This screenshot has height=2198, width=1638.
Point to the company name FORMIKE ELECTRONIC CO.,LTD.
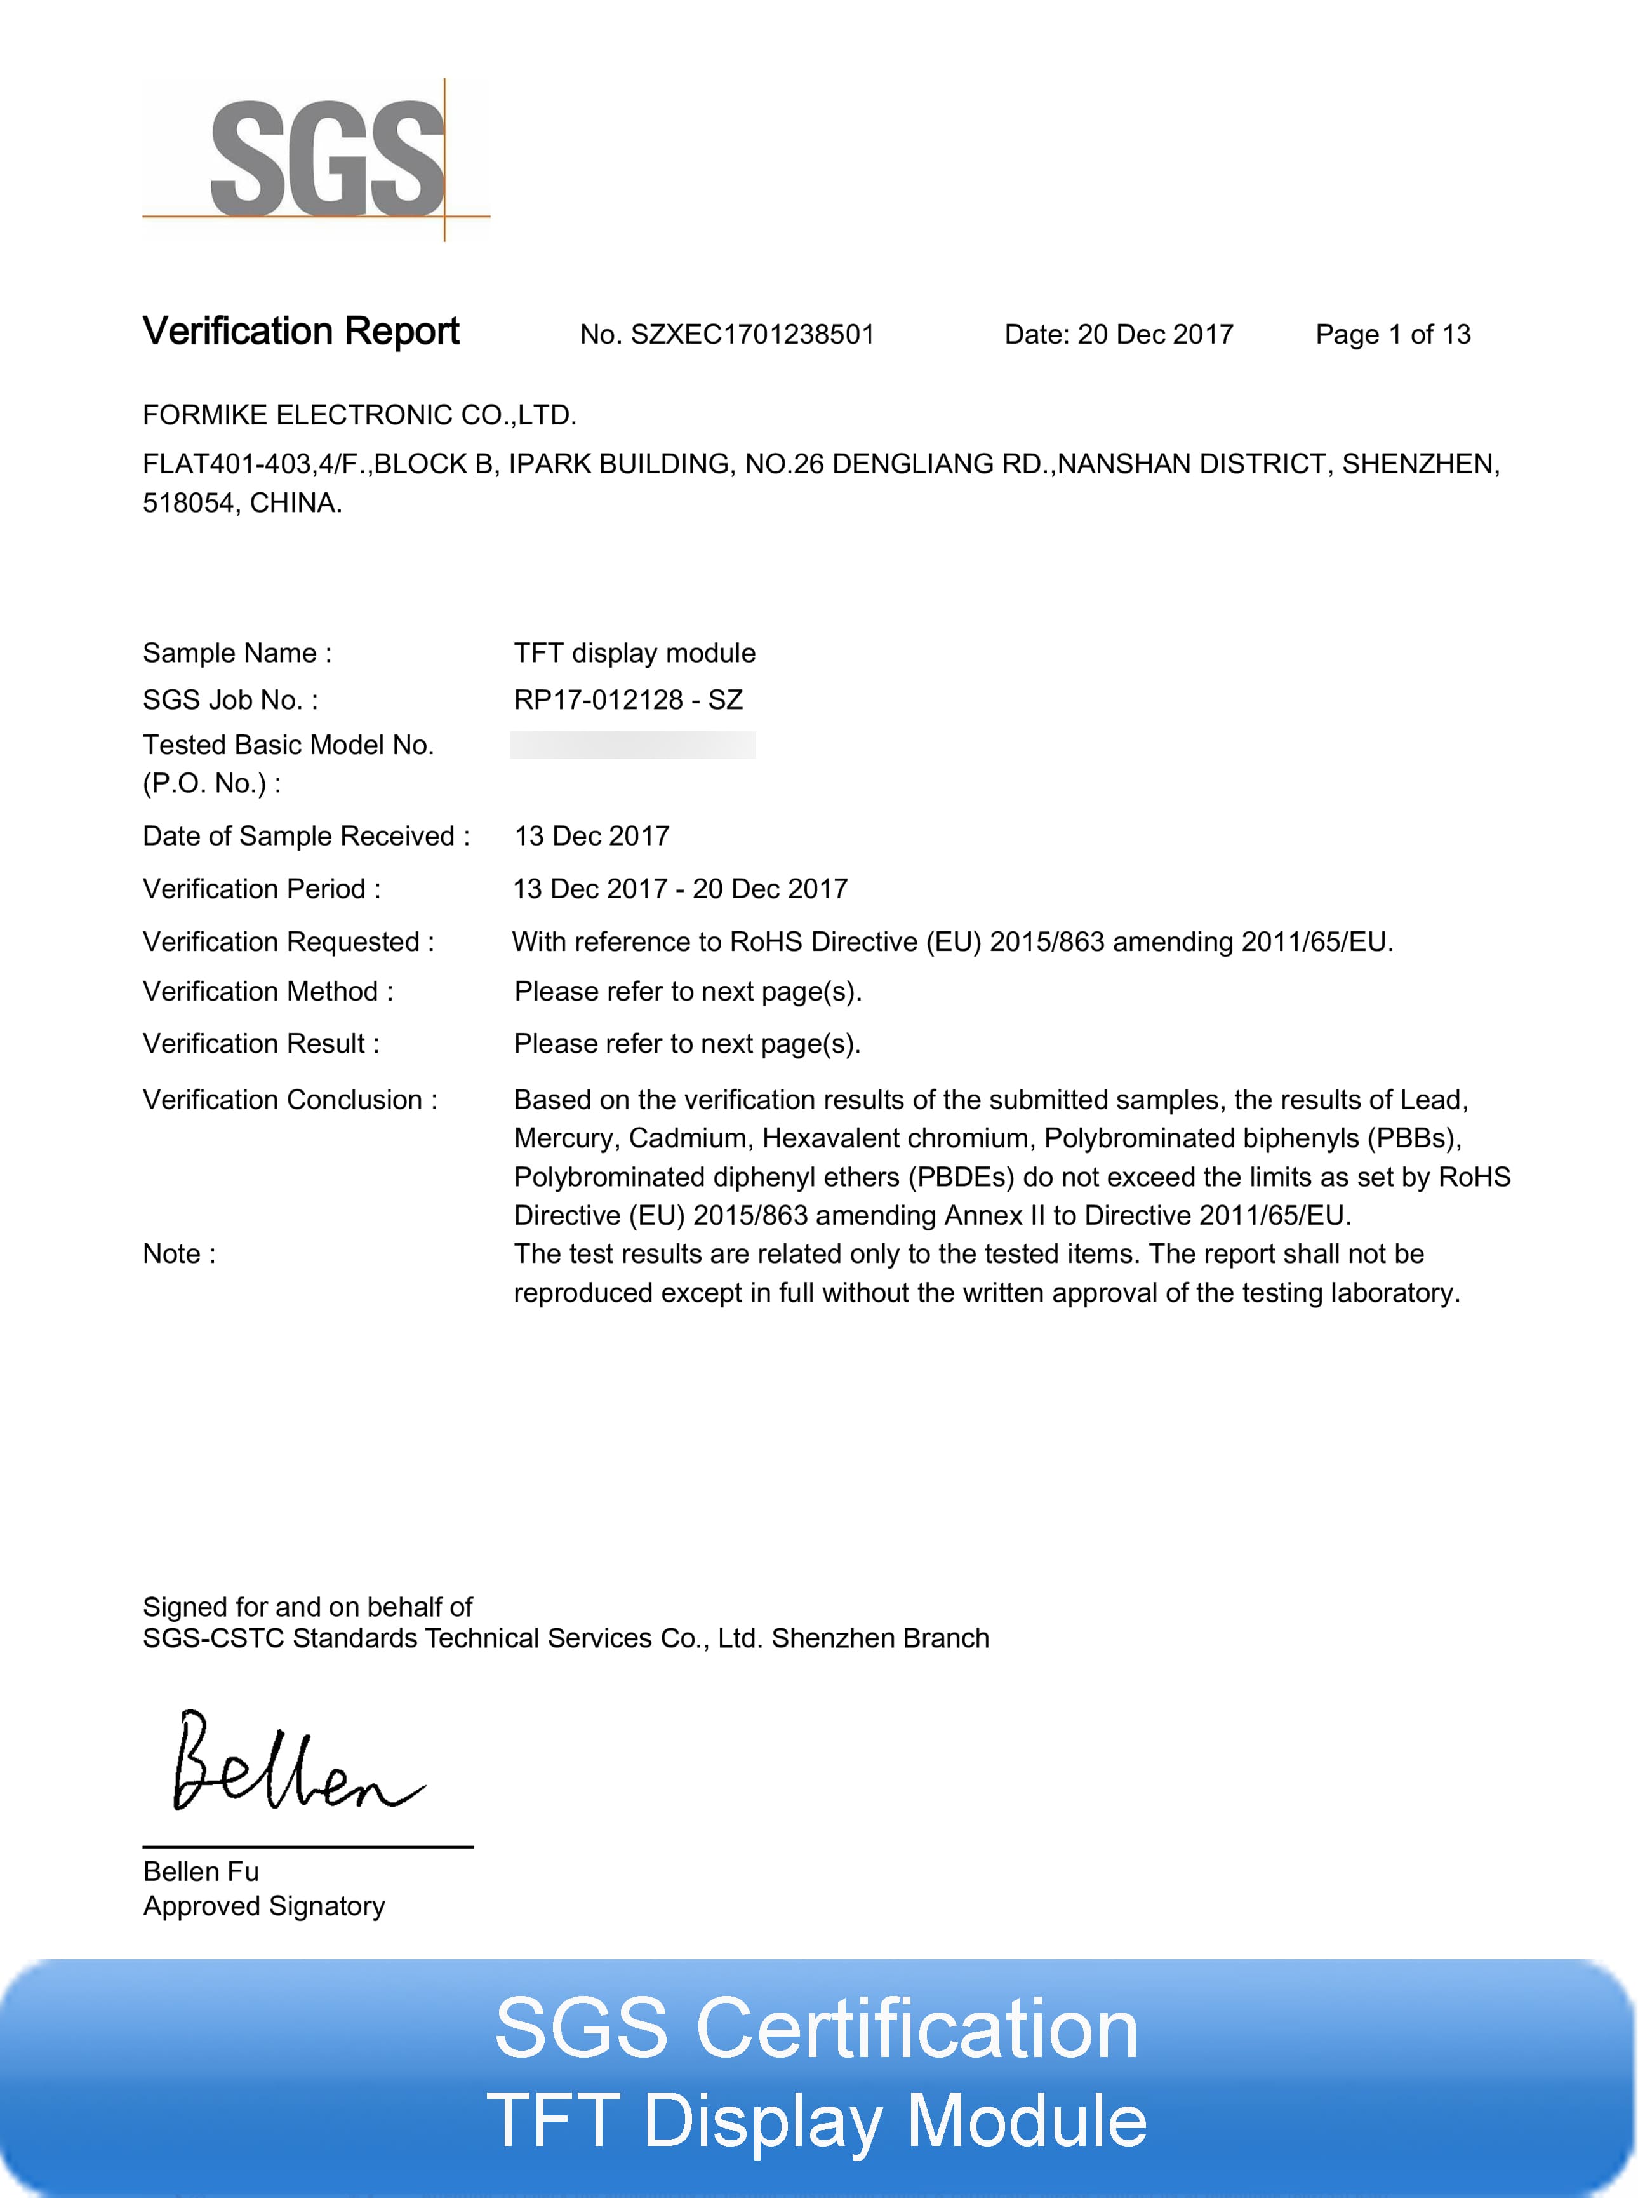click(359, 415)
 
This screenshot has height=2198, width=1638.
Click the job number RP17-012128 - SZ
click(628, 699)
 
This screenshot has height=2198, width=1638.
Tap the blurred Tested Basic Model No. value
click(632, 745)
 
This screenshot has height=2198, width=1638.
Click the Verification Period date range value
click(680, 889)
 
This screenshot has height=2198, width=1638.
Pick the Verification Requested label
click(288, 941)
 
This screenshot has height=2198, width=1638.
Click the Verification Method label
click(268, 991)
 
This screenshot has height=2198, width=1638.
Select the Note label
click(178, 1254)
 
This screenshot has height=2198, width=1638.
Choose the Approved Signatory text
click(263, 1906)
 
